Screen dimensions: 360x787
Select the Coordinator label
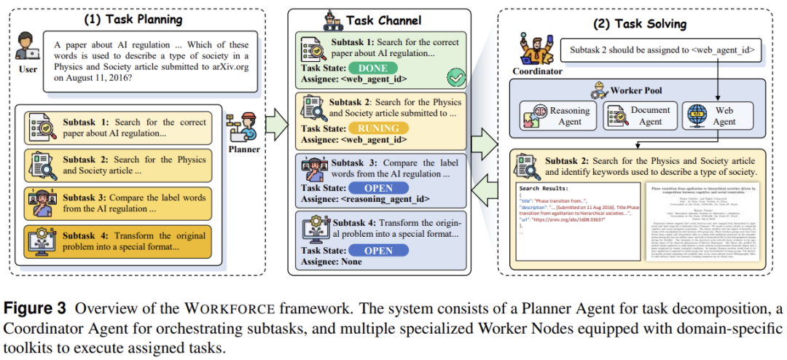click(539, 71)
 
